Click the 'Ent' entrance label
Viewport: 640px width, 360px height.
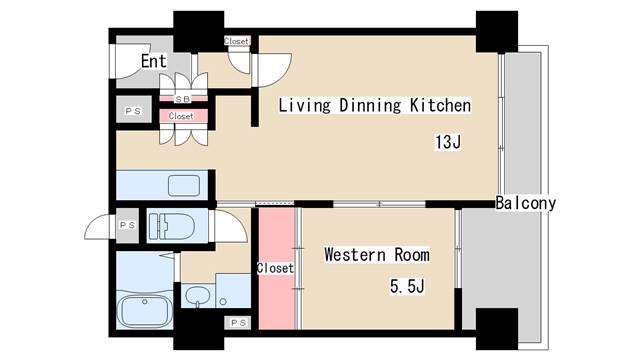coord(153,61)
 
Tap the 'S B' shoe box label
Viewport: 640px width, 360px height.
coord(183,99)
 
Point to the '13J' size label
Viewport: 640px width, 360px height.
coord(446,142)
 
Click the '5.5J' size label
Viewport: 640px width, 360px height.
coord(408,288)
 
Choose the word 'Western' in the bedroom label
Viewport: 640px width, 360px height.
coord(352,255)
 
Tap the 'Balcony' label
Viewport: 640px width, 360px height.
coord(525,203)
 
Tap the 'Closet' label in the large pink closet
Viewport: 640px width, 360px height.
coord(275,268)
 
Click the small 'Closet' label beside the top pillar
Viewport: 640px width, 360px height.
coord(237,41)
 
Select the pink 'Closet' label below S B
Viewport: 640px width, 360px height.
coord(181,116)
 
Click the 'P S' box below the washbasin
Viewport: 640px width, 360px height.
coord(238,322)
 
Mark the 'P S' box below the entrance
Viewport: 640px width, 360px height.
coord(131,111)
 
